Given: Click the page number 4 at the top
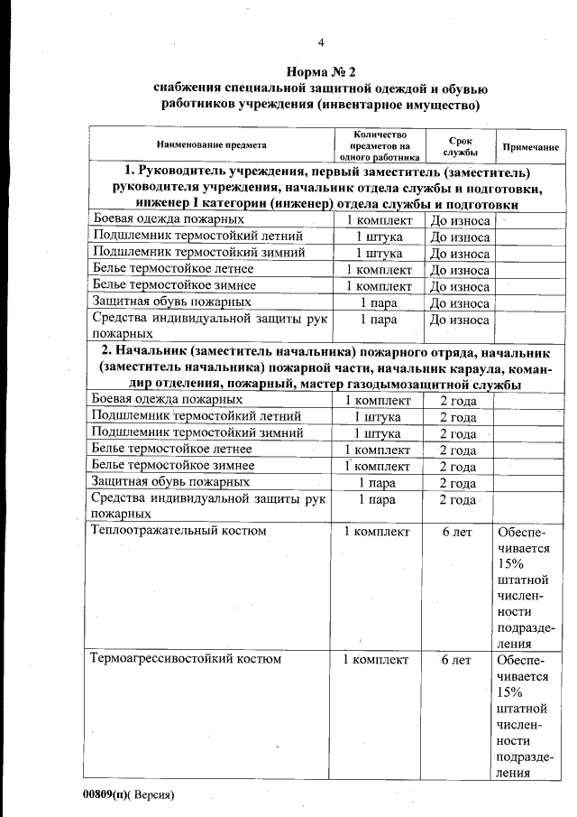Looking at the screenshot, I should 320,42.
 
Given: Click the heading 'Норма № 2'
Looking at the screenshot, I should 321,71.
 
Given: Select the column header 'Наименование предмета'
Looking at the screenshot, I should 211,145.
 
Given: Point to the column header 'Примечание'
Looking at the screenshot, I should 530,146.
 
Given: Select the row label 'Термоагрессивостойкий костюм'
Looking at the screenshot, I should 186,659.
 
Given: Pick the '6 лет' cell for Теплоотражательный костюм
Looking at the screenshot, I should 457,532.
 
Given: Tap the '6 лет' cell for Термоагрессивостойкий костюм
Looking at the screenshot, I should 457,660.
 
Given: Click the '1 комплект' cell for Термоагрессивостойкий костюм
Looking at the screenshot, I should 376,660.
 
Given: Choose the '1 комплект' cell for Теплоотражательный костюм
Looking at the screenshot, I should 376,532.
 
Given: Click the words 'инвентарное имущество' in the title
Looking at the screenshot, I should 397,105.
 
